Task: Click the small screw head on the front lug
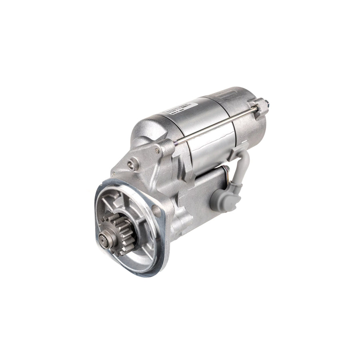click(158, 151)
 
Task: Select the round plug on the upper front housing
click(132, 164)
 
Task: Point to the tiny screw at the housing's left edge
click(113, 174)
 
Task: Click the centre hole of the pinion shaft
click(104, 240)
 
